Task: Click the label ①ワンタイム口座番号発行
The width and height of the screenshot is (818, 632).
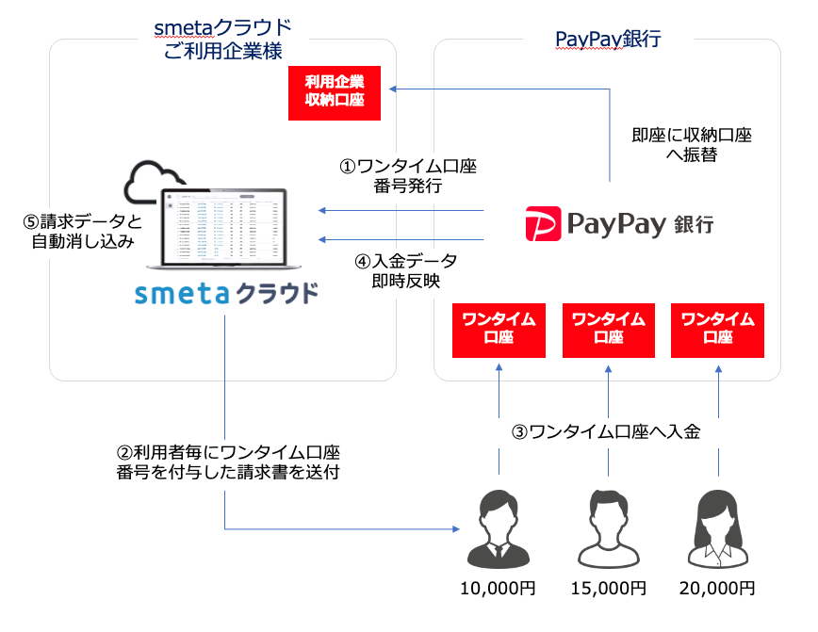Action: pyautogui.click(x=407, y=176)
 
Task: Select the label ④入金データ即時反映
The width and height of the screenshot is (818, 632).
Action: pyautogui.click(x=406, y=270)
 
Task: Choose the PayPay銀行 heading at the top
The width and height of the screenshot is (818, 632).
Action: pyautogui.click(x=608, y=40)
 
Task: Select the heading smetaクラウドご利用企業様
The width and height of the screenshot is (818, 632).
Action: pyautogui.click(x=222, y=40)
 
